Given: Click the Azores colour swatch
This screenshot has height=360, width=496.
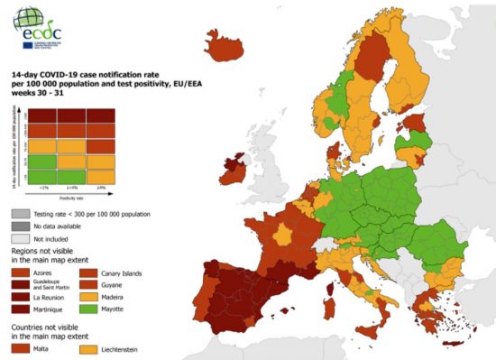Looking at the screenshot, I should [x=19, y=270].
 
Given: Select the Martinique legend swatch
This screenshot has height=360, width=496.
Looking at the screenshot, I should [x=19, y=308].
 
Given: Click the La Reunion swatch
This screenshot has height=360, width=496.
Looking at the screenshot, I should [x=19, y=295].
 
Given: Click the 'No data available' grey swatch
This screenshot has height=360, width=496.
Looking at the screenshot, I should [x=19, y=227].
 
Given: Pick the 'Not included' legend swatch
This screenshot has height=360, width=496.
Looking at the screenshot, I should [x=19, y=239].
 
